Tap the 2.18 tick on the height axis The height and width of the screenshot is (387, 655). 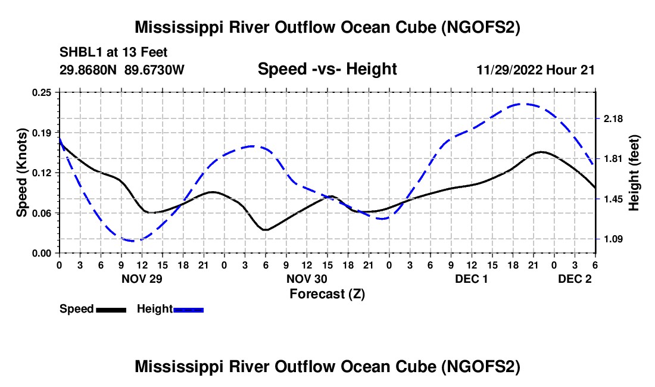pyautogui.click(x=613, y=119)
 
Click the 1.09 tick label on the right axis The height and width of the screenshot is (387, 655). pyautogui.click(x=613, y=239)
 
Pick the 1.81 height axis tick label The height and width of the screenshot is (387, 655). pyautogui.click(x=613, y=159)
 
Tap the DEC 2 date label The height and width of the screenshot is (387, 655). pyautogui.click(x=575, y=278)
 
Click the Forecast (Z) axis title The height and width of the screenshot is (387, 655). pyautogui.click(x=327, y=294)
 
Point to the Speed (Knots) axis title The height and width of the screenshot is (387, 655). pyautogui.click(x=22, y=173)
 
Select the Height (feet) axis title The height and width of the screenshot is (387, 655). pyautogui.click(x=634, y=173)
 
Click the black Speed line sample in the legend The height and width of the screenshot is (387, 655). pyautogui.click(x=111, y=310)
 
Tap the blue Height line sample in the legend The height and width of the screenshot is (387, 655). pyautogui.click(x=188, y=310)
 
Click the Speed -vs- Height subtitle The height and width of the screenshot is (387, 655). pyautogui.click(x=327, y=69)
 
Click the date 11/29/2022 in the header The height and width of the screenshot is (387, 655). pyautogui.click(x=510, y=70)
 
